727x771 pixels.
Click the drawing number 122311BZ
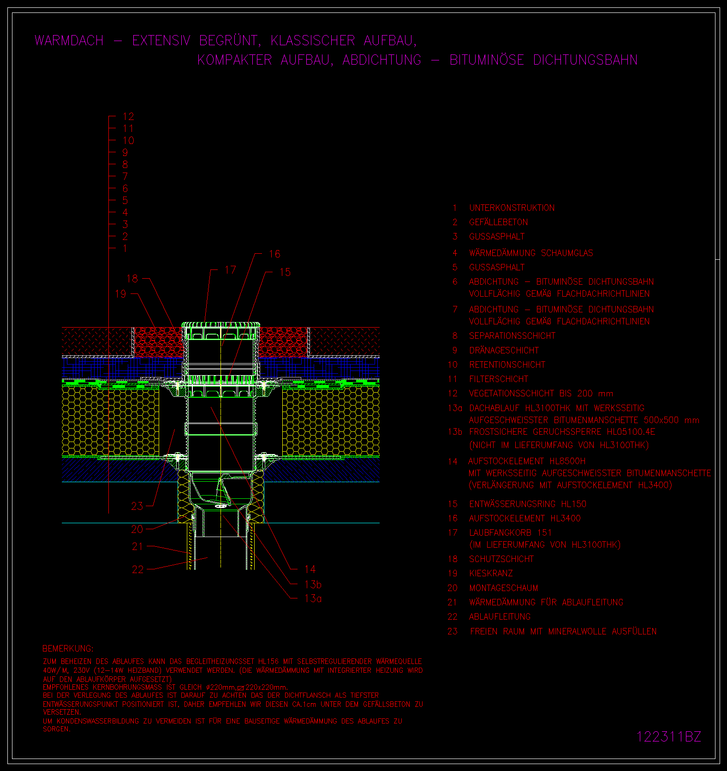tap(668, 736)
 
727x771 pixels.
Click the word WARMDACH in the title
tap(69, 41)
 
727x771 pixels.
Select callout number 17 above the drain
tap(230, 270)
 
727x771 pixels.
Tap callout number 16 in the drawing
tap(274, 254)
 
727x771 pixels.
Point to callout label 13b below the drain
tap(313, 585)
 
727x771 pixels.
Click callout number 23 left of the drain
tap(137, 506)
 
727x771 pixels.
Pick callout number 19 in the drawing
tap(120, 294)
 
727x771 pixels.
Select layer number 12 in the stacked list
tap(128, 117)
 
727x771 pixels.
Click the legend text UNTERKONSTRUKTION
tap(512, 208)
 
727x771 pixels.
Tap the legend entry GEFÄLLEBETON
tap(499, 222)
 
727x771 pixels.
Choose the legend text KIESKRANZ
tap(491, 574)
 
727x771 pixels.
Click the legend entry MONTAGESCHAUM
tap(504, 588)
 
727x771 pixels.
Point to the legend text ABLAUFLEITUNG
tap(500, 617)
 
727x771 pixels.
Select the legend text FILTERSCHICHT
tap(499, 379)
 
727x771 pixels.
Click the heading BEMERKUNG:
tap(68, 649)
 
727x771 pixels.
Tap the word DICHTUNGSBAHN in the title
tap(585, 60)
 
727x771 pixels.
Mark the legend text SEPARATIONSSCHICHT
tap(512, 336)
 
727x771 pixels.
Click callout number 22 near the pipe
tap(138, 570)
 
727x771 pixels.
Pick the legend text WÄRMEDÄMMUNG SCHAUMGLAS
tap(531, 253)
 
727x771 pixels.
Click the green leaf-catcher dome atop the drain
tap(220, 325)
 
